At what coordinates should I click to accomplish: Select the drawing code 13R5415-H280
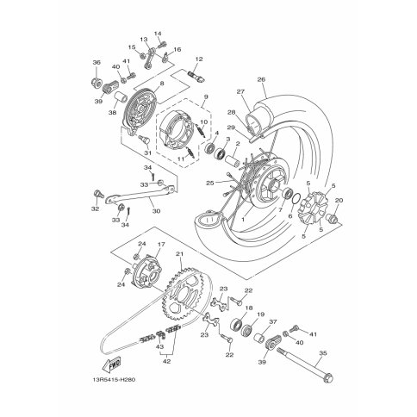[114, 380]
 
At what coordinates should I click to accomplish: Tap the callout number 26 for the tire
[261, 79]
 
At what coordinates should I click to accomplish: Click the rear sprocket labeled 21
[184, 293]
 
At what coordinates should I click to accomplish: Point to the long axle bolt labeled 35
[305, 365]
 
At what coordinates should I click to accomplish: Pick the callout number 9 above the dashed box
[206, 96]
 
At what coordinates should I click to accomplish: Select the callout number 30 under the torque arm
[156, 211]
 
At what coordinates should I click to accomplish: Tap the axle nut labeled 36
[96, 83]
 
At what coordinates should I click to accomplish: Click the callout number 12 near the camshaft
[199, 59]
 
